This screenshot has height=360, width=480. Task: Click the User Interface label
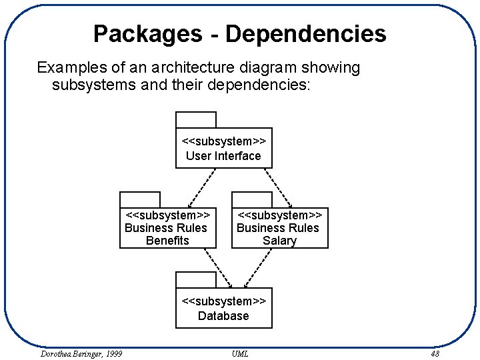223,156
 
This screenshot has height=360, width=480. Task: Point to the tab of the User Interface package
196,120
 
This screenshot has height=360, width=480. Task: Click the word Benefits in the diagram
167,241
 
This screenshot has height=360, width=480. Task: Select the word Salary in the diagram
279,241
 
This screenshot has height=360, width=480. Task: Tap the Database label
223,316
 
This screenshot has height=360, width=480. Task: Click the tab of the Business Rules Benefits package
140,200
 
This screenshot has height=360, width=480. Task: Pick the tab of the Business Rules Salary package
252,200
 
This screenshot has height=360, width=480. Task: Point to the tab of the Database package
196,280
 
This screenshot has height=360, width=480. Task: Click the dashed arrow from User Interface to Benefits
201,187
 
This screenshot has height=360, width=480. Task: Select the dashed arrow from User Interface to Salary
278,187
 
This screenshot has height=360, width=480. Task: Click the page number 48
435,353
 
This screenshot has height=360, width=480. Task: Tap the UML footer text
240,353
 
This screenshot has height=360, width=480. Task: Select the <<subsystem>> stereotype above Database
223,301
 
